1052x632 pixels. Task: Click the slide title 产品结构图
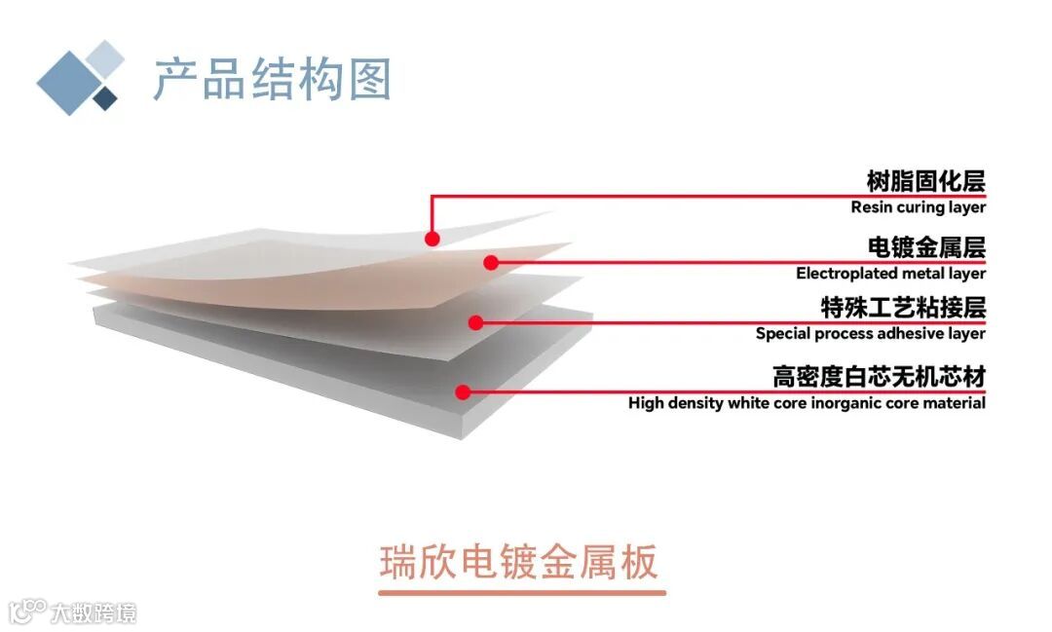(x=272, y=79)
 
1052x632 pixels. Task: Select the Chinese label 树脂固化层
(x=925, y=181)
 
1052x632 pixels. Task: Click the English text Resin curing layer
(x=918, y=206)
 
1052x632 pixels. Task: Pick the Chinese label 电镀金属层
(x=925, y=247)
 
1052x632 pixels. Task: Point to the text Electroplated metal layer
(x=890, y=274)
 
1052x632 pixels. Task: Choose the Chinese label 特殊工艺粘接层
(x=903, y=308)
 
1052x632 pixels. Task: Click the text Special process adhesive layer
(x=870, y=334)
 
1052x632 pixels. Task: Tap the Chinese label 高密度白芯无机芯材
(x=879, y=376)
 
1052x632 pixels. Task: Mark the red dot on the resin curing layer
(x=432, y=238)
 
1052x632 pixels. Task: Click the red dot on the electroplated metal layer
(x=491, y=262)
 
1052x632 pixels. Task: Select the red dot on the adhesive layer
(x=476, y=322)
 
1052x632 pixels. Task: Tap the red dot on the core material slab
(x=464, y=392)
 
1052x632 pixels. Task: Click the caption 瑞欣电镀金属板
(x=519, y=563)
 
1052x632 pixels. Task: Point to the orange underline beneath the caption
(x=521, y=592)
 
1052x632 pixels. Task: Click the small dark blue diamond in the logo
(x=105, y=97)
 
